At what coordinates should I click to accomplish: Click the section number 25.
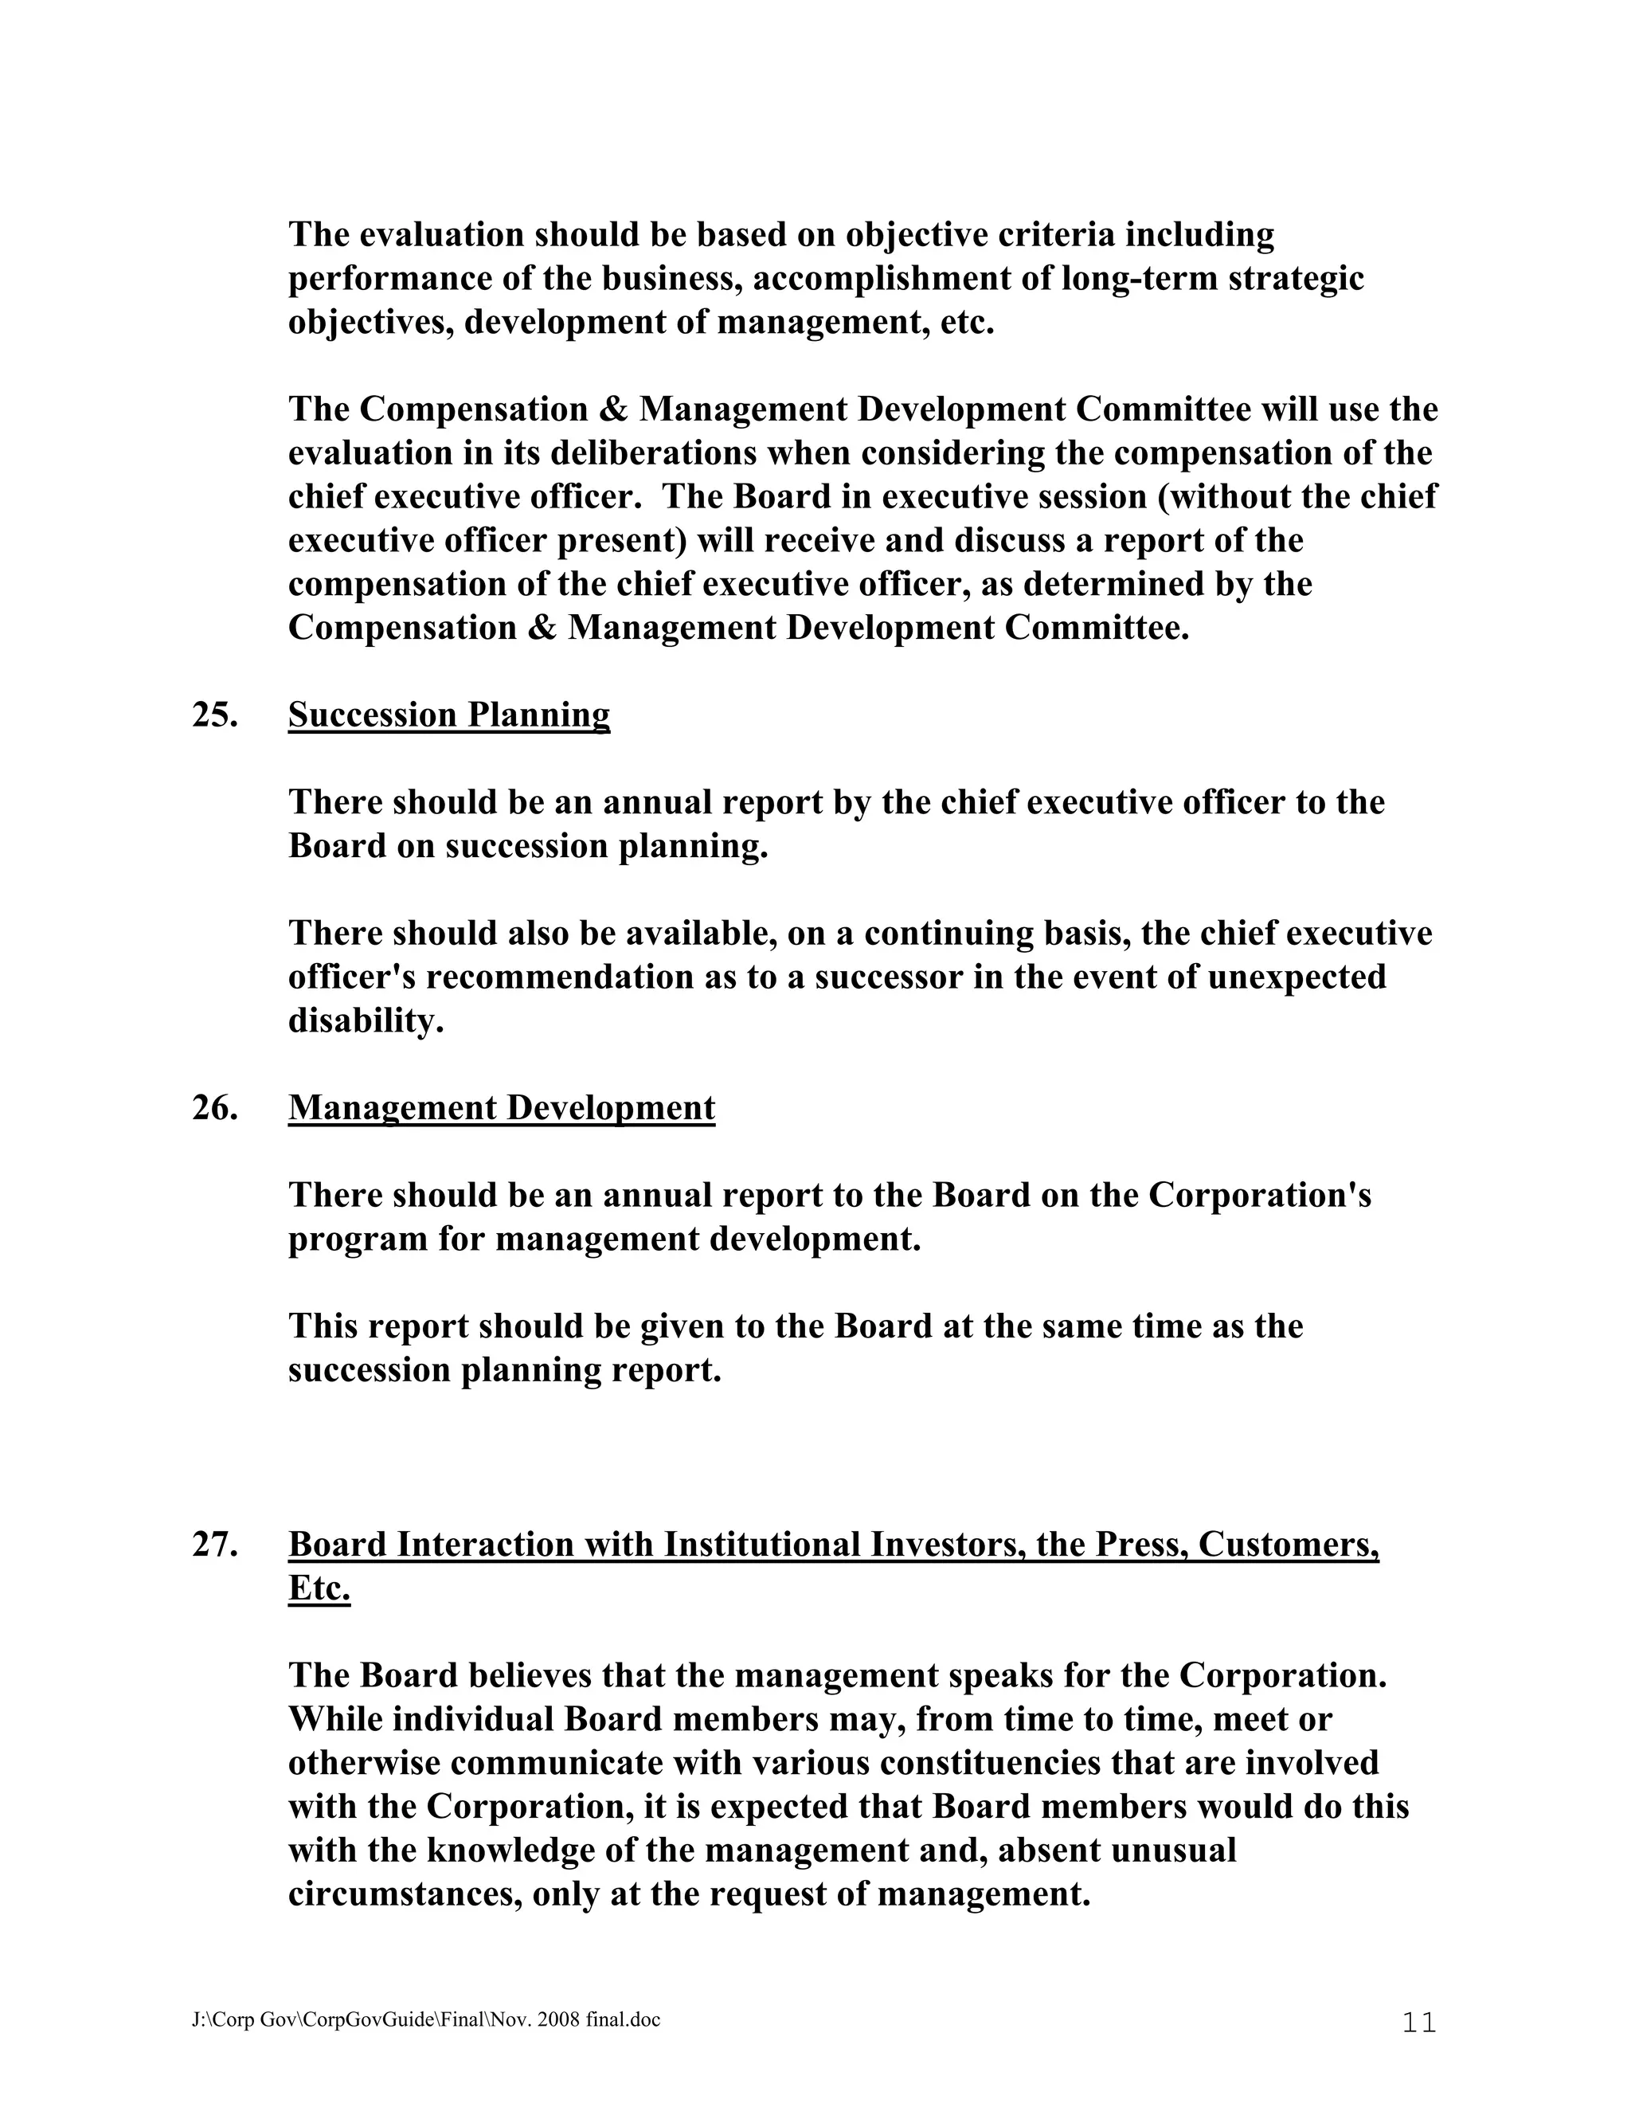point(214,715)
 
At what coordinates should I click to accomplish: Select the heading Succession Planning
point(448,715)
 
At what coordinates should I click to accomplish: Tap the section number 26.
point(214,1108)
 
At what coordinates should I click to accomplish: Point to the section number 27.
point(214,1545)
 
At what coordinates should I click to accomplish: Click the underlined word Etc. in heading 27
point(319,1588)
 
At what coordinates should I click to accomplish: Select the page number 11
point(1418,2022)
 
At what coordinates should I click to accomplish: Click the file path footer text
point(425,2020)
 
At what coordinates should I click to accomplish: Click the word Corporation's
point(1259,1196)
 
